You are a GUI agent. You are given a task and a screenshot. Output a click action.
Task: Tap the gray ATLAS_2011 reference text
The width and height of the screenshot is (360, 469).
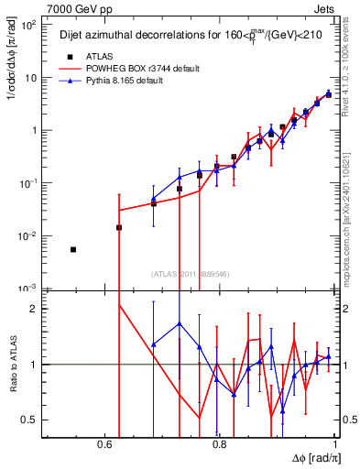click(x=190, y=274)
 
